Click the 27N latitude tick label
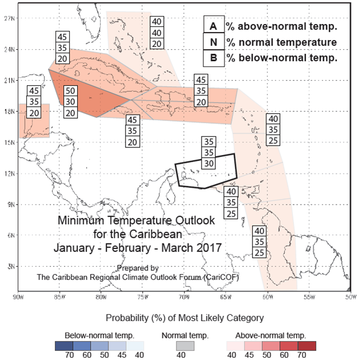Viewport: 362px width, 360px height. (10, 18)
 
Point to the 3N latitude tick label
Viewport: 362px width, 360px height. (10, 266)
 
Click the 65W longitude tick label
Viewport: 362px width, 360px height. (226, 298)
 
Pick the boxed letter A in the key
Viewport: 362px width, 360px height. (213, 26)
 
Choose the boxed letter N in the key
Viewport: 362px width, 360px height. (213, 42)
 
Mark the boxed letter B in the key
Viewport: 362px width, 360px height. (213, 57)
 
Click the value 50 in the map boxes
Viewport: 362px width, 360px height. (70, 91)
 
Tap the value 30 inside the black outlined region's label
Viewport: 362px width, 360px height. (210, 163)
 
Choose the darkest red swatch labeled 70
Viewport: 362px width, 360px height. (302, 346)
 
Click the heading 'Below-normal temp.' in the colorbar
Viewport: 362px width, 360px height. (98, 335)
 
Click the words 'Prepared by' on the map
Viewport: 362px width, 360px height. (138, 267)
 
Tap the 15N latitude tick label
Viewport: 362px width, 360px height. (10, 142)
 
